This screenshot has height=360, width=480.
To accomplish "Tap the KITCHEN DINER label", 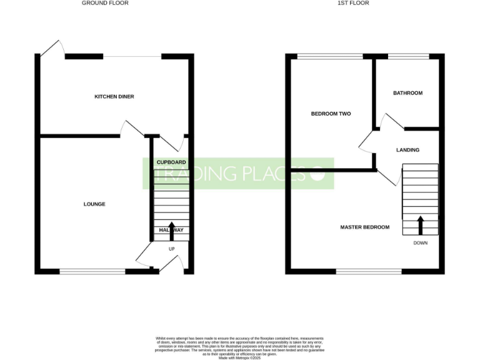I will click(x=114, y=97).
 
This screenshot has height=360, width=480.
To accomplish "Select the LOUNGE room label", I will click(x=95, y=204).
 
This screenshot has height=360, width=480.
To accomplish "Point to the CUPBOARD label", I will click(x=171, y=162).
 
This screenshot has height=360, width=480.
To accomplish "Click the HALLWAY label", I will click(x=171, y=230).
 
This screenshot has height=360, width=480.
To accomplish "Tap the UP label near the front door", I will click(x=171, y=249).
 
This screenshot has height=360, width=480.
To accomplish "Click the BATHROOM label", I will click(x=407, y=93).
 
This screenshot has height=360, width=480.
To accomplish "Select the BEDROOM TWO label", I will click(x=331, y=114).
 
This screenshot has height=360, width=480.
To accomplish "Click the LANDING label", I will click(x=407, y=150).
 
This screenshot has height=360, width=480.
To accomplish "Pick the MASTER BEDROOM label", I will click(x=365, y=227).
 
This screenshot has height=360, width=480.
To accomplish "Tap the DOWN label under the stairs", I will click(x=420, y=243).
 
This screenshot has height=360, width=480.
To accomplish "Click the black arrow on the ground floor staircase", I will click(x=171, y=229).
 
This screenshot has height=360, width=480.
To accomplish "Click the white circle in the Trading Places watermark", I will click(x=318, y=174).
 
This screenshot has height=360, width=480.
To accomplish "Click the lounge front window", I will click(x=92, y=271).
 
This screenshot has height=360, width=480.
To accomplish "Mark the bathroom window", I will click(x=409, y=56).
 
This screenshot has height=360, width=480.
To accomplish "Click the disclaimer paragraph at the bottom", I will click(x=239, y=346).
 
